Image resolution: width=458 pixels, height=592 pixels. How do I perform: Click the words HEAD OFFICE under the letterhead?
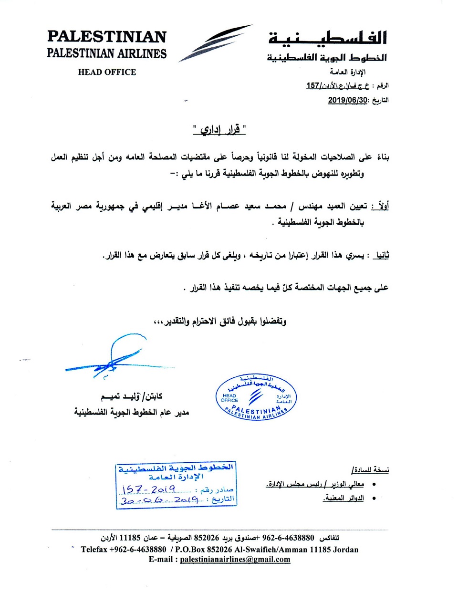(107, 72)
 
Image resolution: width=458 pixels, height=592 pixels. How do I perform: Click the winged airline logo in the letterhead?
(215, 43)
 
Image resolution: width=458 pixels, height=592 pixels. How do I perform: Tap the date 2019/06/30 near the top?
(348, 100)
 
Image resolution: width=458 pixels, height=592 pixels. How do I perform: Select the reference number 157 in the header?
(312, 86)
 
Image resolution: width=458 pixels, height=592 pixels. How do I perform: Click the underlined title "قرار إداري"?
(220, 130)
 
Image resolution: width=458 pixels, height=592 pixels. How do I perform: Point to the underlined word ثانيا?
(381, 255)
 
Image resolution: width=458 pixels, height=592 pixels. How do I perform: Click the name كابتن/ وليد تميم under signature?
(131, 396)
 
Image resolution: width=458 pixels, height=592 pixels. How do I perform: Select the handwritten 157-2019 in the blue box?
(149, 489)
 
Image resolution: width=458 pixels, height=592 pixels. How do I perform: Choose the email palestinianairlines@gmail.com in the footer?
(235, 560)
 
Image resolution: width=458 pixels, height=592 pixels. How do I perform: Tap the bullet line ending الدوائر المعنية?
(343, 499)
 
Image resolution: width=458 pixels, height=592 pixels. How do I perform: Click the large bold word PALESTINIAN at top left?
(107, 37)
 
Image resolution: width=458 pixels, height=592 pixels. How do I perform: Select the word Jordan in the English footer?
(345, 550)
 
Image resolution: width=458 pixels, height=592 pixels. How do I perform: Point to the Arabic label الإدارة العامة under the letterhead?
(347, 72)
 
